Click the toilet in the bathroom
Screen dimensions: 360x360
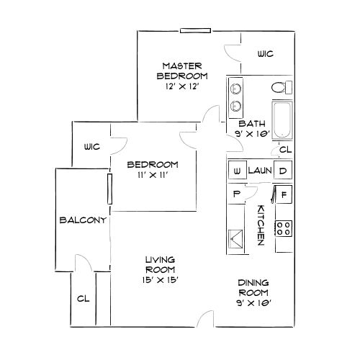(x=279, y=88)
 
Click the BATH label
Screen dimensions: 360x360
(x=253, y=123)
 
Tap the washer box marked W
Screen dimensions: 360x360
(x=236, y=171)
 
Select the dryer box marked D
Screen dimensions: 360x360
(x=283, y=171)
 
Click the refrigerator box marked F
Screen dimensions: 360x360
(x=283, y=194)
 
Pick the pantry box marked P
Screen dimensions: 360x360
(x=235, y=194)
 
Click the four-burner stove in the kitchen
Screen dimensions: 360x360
(x=284, y=229)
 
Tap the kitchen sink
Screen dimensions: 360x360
(x=235, y=238)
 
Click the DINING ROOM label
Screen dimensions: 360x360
(x=254, y=288)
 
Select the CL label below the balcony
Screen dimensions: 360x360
(x=83, y=298)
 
